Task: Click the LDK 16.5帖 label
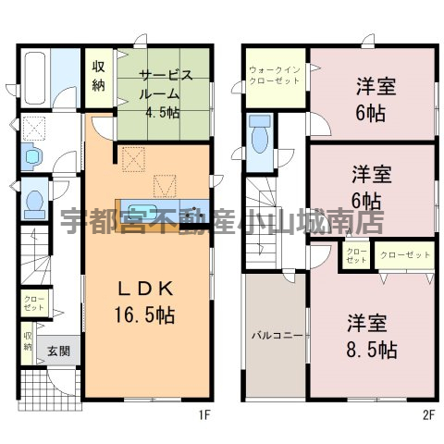point(145,302)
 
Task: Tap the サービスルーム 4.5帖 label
point(165,94)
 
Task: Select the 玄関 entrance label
point(58,351)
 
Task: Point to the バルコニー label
point(277,335)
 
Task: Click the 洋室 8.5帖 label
point(372,336)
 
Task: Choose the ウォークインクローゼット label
point(275,75)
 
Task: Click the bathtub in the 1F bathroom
point(35,79)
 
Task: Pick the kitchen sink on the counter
point(141,212)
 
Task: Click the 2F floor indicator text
point(428,415)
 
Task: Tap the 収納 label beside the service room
point(99,76)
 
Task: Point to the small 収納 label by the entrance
point(28,341)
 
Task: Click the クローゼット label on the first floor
point(34,303)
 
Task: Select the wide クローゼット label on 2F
point(405,255)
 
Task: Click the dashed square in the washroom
point(34,128)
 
